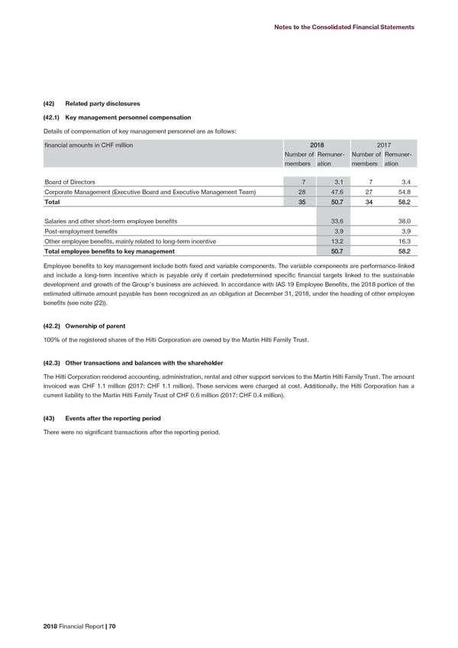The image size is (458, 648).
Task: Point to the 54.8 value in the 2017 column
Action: [405, 192]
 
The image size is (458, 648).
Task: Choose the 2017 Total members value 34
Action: [369, 202]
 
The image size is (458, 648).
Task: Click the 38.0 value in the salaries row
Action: [405, 221]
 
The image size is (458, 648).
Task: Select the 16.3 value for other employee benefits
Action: [405, 241]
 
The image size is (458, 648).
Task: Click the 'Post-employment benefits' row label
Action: [81, 231]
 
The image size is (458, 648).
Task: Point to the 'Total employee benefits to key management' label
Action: [110, 251]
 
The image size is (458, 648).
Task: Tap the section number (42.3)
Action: [53, 361]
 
